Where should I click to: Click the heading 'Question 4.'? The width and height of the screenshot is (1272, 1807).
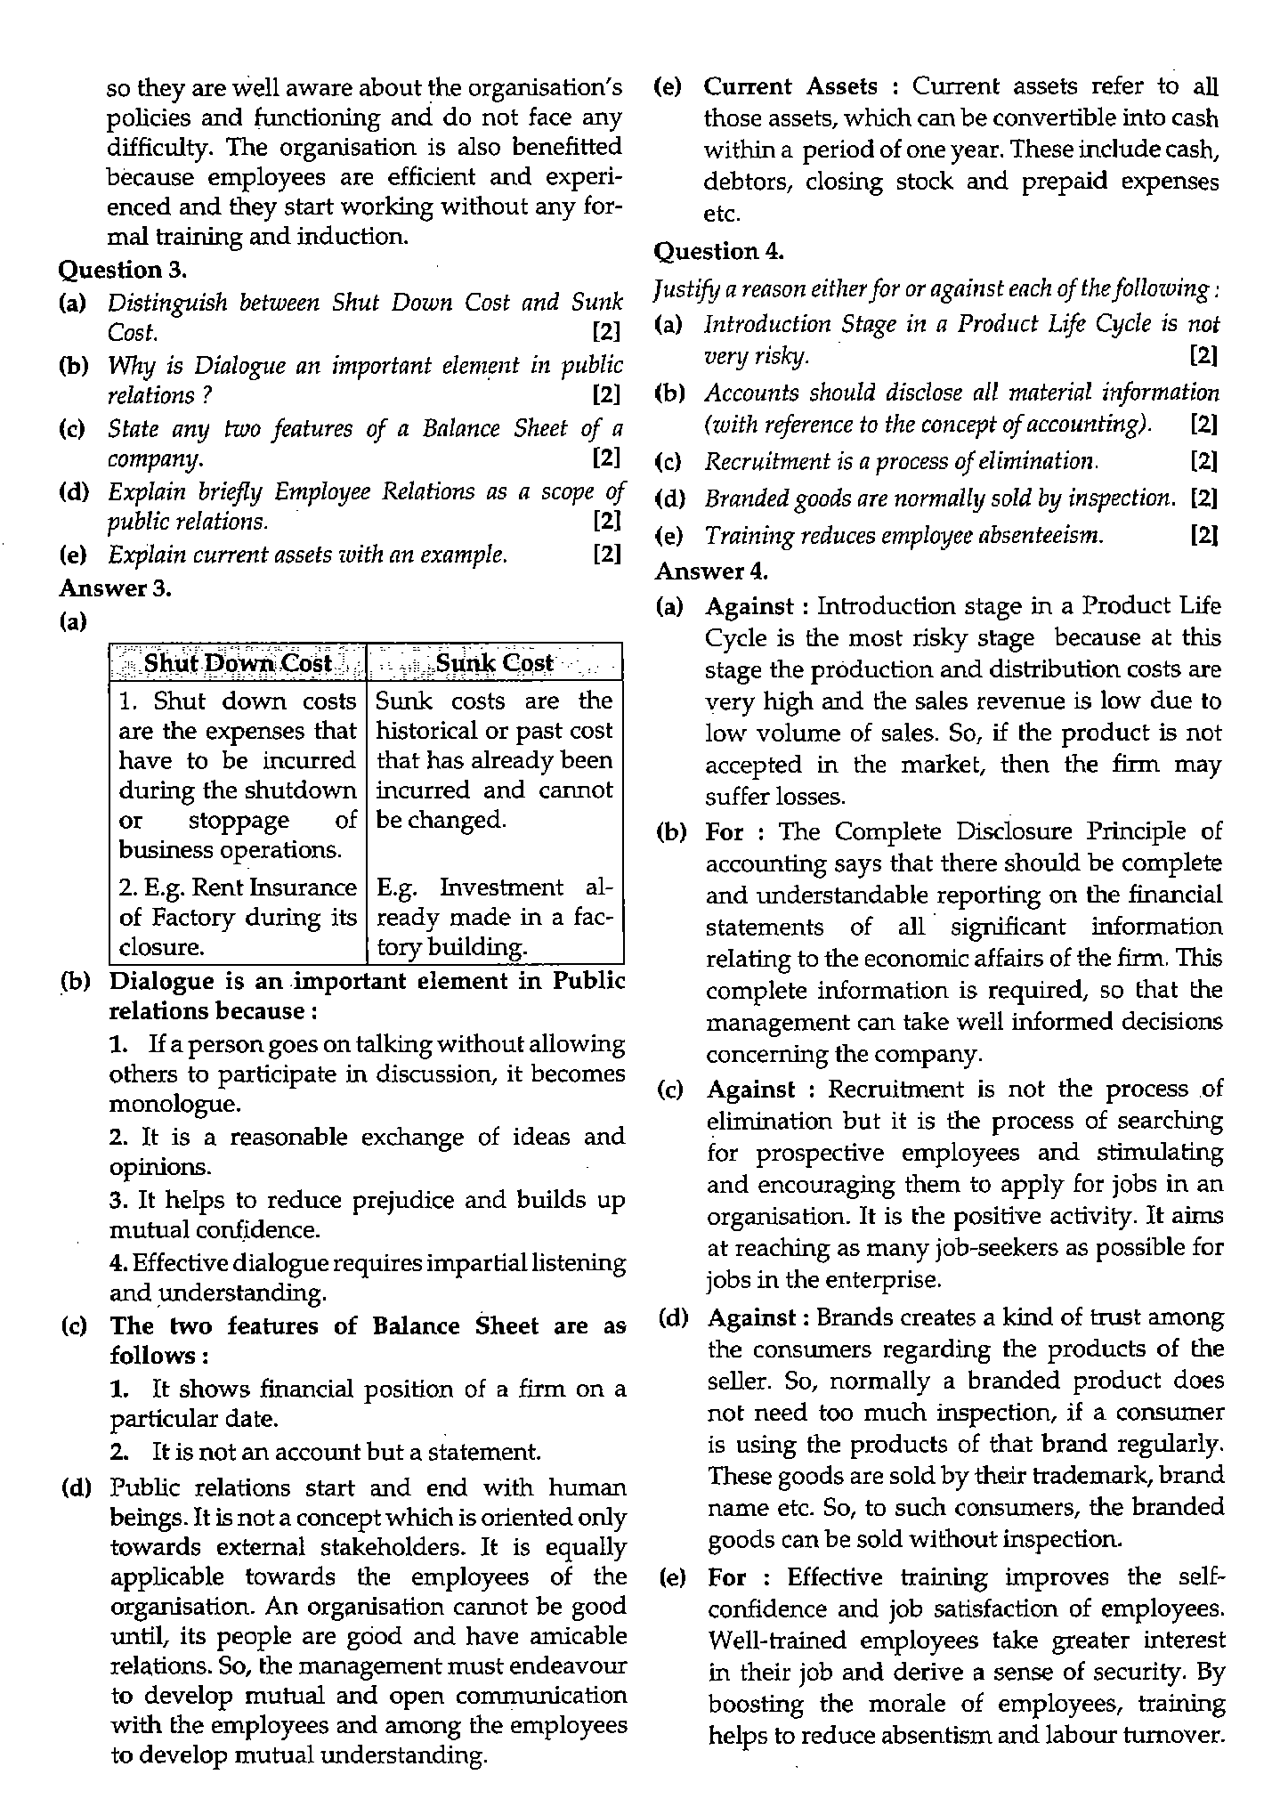pyautogui.click(x=718, y=252)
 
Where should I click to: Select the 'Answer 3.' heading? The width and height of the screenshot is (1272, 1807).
pyautogui.click(x=115, y=588)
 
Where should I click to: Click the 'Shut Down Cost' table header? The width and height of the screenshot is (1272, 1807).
pyautogui.click(x=237, y=663)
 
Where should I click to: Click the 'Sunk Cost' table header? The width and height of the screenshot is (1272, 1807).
pyautogui.click(x=494, y=663)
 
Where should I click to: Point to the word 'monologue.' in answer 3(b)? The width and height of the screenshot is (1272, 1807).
pyautogui.click(x=163, y=1105)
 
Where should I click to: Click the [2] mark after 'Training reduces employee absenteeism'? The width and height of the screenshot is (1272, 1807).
pyautogui.click(x=1203, y=535)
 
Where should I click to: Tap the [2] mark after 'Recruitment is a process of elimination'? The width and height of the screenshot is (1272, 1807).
pyautogui.click(x=1203, y=461)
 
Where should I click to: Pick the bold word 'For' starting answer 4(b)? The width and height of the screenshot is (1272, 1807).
pyautogui.click(x=725, y=831)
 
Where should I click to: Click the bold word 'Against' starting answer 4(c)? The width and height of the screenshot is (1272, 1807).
pyautogui.click(x=749, y=1090)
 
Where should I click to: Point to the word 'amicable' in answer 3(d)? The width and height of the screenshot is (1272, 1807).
pyautogui.click(x=579, y=1636)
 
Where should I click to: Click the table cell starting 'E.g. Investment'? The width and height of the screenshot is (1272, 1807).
pyautogui.click(x=494, y=917)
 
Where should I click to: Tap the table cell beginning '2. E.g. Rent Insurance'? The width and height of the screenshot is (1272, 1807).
pyautogui.click(x=237, y=917)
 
